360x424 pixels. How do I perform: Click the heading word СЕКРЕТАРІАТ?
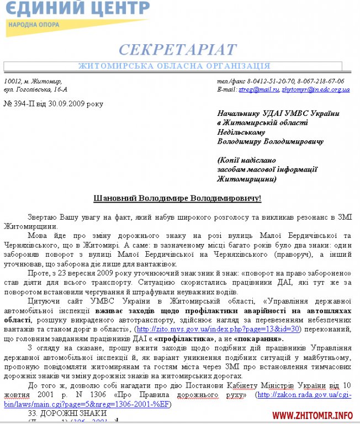177,50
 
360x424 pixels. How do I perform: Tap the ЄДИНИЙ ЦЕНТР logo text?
78,8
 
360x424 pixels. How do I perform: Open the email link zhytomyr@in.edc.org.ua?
315,89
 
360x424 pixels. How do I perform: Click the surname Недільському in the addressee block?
241,132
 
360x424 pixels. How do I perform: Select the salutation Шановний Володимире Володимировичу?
175,198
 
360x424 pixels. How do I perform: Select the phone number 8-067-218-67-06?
319,81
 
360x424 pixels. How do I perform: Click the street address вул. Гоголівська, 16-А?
35,89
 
